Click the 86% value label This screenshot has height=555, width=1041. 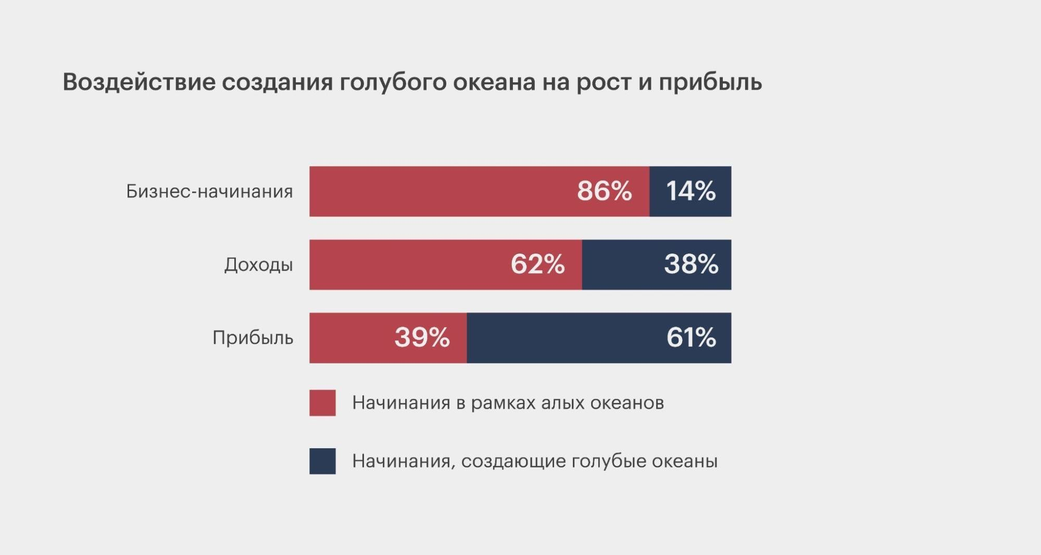[x=604, y=191]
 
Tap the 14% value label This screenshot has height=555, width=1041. [x=691, y=191]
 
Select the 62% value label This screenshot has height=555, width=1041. [x=537, y=264]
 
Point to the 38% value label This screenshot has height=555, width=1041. [x=691, y=264]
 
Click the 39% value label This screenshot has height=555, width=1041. [x=422, y=338]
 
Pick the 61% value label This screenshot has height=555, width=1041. [x=691, y=338]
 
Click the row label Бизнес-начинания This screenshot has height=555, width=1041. [x=209, y=192]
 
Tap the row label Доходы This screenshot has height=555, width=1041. [x=258, y=265]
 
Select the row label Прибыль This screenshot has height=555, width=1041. [x=253, y=338]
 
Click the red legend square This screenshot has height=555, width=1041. [x=322, y=403]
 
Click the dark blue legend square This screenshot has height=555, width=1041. [x=322, y=461]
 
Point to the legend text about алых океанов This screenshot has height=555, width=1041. [x=508, y=403]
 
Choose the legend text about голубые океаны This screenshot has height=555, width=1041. [x=535, y=461]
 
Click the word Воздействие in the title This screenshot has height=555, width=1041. [x=139, y=82]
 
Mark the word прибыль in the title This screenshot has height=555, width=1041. [x=710, y=82]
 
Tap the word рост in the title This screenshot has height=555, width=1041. [x=604, y=82]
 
